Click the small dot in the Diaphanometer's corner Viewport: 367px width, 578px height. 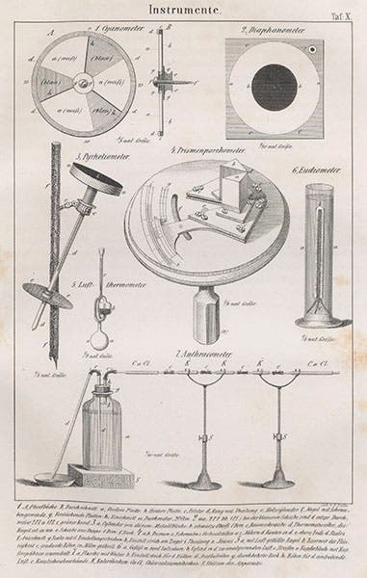[x=314, y=48]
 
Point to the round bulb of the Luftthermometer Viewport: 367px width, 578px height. [x=98, y=346]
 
